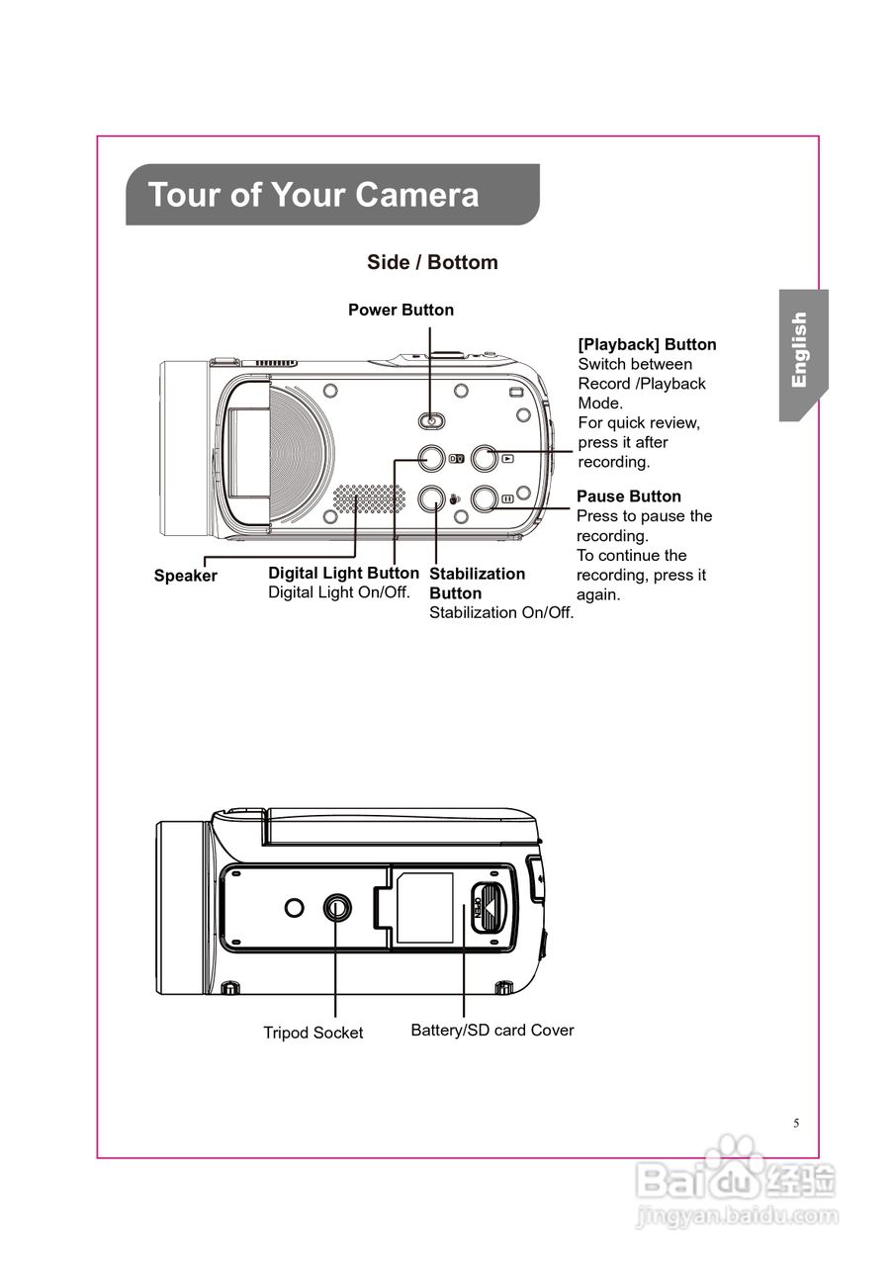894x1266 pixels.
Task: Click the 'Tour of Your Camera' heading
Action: coord(313,195)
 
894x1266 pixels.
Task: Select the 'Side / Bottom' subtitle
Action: coord(432,262)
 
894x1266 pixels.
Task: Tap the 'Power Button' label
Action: coord(401,310)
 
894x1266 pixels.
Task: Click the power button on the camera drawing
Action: coord(430,420)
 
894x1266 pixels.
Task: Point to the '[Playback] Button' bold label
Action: coord(647,344)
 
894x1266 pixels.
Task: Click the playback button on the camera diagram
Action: coord(484,458)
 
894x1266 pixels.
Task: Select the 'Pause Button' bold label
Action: coord(628,497)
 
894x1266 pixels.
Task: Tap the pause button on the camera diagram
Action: coord(484,498)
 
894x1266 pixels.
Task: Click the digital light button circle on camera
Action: coord(430,458)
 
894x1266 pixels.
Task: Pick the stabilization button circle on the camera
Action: coord(430,498)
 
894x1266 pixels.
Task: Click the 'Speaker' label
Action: coord(185,576)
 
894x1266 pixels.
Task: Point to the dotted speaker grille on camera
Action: coord(369,499)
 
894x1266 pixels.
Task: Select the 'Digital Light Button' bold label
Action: coord(343,574)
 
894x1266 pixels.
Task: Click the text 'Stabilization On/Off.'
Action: coord(501,613)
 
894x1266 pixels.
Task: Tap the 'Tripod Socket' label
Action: coord(313,1033)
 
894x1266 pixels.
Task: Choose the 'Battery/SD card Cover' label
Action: coord(492,1031)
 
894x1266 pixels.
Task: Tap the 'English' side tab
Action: coord(800,350)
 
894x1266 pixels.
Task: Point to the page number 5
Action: coord(796,1124)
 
